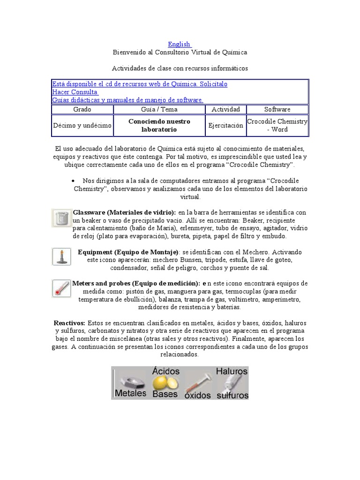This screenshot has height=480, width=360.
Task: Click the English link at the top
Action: click(x=179, y=44)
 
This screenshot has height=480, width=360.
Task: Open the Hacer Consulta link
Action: click(x=75, y=92)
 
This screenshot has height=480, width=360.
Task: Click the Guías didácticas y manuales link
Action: click(x=127, y=100)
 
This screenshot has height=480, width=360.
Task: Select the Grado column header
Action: click(x=82, y=109)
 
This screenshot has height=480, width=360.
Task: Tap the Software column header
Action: click(x=277, y=109)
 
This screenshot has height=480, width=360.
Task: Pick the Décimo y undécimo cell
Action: click(x=82, y=125)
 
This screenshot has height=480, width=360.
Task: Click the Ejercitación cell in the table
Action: click(x=226, y=125)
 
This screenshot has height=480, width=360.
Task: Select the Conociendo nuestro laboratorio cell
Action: click(x=159, y=125)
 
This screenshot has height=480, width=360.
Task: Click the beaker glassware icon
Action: click(x=61, y=218)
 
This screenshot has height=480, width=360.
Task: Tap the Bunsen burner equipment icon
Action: click(x=61, y=256)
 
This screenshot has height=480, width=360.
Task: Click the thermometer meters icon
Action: click(x=61, y=287)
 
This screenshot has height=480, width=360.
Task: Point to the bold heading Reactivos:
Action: click(x=69, y=323)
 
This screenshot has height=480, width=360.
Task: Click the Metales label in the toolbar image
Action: click(x=131, y=393)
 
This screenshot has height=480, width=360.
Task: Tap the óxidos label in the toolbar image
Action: click(x=197, y=395)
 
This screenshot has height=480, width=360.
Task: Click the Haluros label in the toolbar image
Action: click(x=232, y=371)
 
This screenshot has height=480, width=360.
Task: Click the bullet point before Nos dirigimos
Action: click(x=75, y=181)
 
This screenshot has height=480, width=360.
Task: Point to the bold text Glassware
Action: click(x=90, y=212)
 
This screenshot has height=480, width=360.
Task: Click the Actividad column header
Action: click(x=226, y=109)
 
